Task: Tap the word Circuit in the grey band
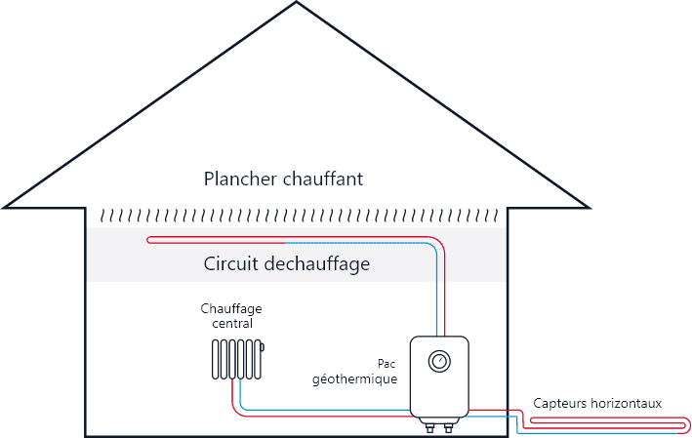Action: coord(231,264)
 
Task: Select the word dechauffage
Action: coord(315,264)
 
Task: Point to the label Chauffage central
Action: coord(231,315)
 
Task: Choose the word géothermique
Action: coord(354,378)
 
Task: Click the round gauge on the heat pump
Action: coord(439,362)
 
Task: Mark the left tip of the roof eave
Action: coord(5,207)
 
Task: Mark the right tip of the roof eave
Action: coord(589,207)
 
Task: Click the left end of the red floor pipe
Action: coord(147,238)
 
